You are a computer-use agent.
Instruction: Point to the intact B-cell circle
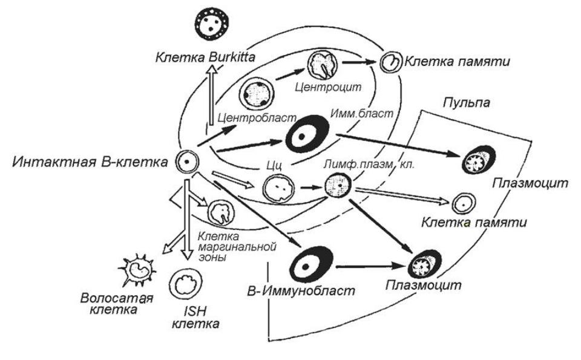[x=187, y=162]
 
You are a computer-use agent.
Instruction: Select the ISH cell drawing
[x=183, y=284]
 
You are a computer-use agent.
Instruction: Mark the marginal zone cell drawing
[x=219, y=213]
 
